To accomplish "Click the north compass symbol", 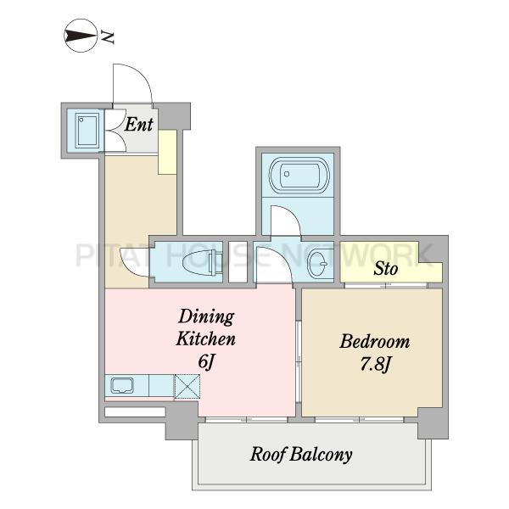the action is tap(81, 36).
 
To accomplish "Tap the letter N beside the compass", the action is tap(108, 37).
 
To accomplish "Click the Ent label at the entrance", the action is tap(138, 125).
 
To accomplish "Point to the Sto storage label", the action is tap(385, 269).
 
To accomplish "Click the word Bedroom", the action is tap(375, 342).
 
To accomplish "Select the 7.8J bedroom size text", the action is tap(375, 365).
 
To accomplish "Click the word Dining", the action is tap(206, 316).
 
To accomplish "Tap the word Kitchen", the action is tap(205, 338).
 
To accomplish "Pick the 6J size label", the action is tap(206, 361).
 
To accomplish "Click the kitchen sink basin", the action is tap(122, 385).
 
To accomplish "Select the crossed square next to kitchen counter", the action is tap(187, 386).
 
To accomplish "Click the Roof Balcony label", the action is tap(301, 455).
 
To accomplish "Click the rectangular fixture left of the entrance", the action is tap(87, 130).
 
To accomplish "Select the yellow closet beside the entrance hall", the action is tap(167, 152).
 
